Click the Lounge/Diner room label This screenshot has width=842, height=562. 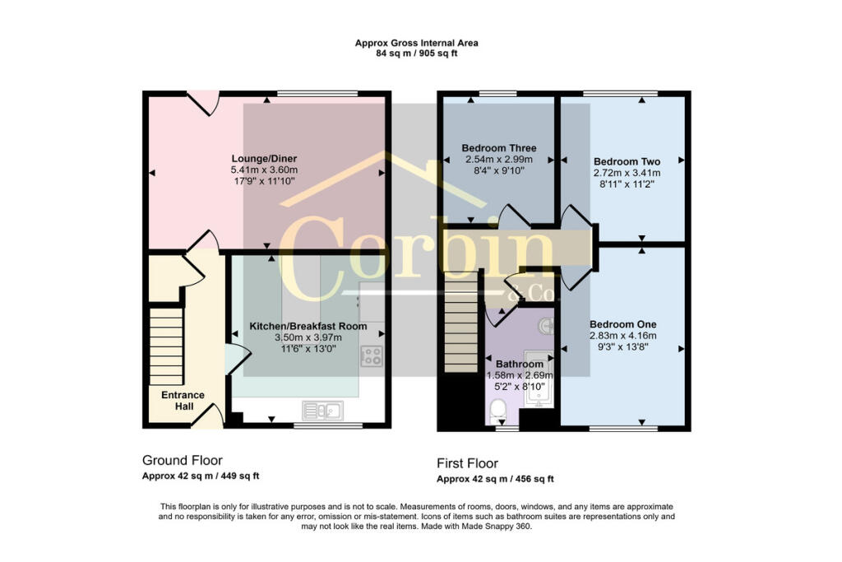264,159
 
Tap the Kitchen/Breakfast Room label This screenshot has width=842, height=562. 308,327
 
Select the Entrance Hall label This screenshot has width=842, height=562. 183,401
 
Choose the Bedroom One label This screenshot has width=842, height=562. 622,324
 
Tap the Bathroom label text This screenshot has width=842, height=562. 518,364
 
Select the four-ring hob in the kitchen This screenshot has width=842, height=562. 372,356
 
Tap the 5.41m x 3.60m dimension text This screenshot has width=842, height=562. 264,170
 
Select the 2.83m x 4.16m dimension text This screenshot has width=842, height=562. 622,336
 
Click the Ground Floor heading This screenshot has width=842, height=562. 182,460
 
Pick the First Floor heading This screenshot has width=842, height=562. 467,463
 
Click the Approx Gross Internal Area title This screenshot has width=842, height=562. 416,43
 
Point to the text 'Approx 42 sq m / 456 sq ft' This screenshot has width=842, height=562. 494,479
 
